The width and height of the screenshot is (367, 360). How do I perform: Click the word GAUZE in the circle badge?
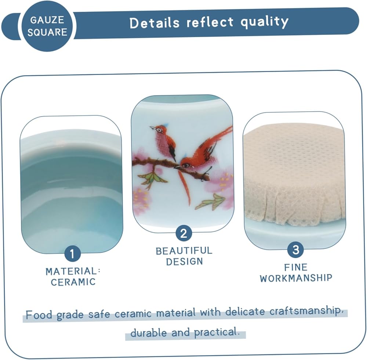pyautogui.click(x=47, y=20)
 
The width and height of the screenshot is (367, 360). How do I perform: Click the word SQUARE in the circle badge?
pyautogui.click(x=47, y=32)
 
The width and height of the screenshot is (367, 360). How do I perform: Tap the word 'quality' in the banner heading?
pyautogui.click(x=265, y=22)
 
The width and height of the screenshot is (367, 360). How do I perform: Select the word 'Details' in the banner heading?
pyautogui.click(x=154, y=23)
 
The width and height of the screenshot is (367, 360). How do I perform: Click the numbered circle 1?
pyautogui.click(x=72, y=253)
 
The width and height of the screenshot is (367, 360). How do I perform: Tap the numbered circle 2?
pyautogui.click(x=183, y=233)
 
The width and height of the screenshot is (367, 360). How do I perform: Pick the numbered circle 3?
pyautogui.click(x=295, y=249)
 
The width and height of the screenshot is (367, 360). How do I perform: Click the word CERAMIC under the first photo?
pyautogui.click(x=73, y=282)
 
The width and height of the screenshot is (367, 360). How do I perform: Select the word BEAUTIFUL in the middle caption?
pyautogui.click(x=184, y=251)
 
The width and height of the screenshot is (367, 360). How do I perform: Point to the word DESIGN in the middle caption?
pyautogui.click(x=185, y=262)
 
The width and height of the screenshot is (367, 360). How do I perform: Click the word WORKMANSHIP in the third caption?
pyautogui.click(x=296, y=278)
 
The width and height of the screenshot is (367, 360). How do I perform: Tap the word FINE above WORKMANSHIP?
pyautogui.click(x=296, y=267)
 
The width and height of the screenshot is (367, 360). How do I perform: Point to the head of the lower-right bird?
pyautogui.click(x=185, y=163)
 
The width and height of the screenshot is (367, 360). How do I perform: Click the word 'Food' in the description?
pyautogui.click(x=39, y=315)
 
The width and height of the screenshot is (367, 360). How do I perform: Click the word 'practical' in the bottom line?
pyautogui.click(x=216, y=332)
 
